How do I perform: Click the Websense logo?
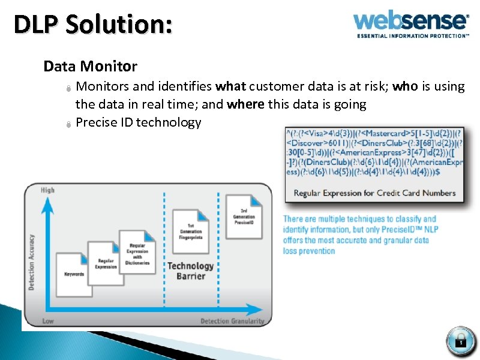point(411,22)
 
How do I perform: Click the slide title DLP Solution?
point(93,25)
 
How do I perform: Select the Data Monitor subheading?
point(90,66)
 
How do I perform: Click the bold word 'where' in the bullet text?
point(245,104)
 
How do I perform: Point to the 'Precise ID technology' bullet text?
point(139,122)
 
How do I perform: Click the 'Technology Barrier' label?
point(190,271)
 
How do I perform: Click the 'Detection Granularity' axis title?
point(232,321)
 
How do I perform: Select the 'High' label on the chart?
point(47,190)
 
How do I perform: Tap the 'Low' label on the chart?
point(48,321)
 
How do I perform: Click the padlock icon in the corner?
point(461,341)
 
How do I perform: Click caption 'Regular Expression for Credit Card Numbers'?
point(374,193)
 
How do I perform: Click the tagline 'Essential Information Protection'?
point(413,36)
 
